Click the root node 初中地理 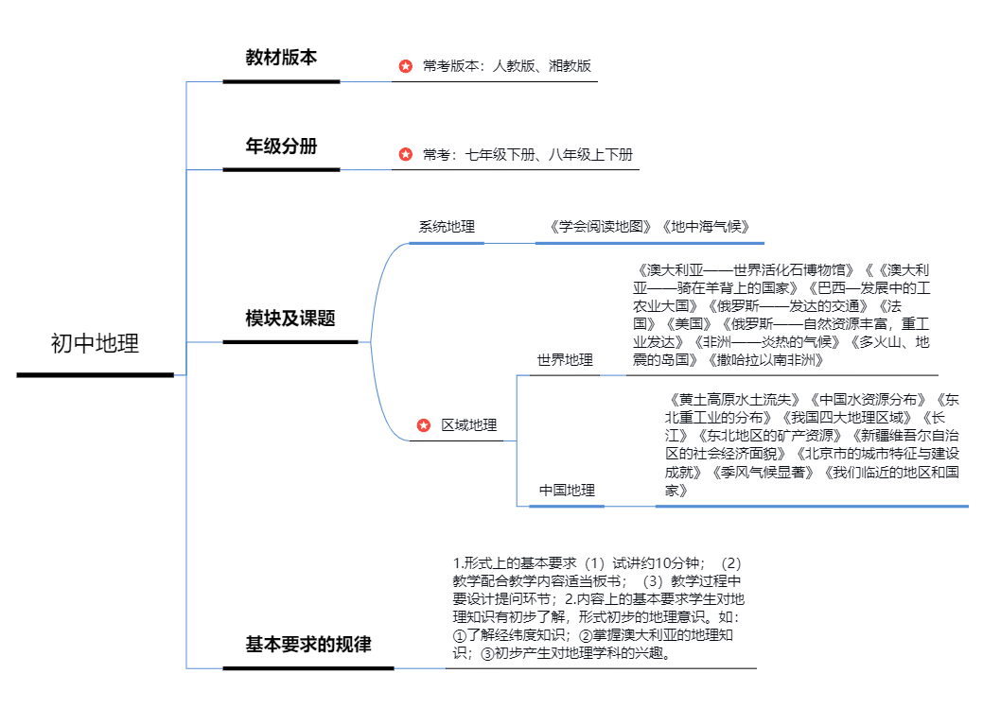(95, 344)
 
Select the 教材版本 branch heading (281, 58)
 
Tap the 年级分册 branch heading (281, 147)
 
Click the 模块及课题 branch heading (290, 319)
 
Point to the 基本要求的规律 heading (308, 645)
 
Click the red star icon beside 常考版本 (406, 66)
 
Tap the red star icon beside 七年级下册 (406, 154)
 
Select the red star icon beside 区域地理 (424, 425)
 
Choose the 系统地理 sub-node (447, 227)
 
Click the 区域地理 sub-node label (469, 425)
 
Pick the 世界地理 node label (565, 360)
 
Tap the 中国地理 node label (567, 490)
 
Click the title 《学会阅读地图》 (602, 227)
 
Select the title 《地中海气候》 (706, 227)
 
